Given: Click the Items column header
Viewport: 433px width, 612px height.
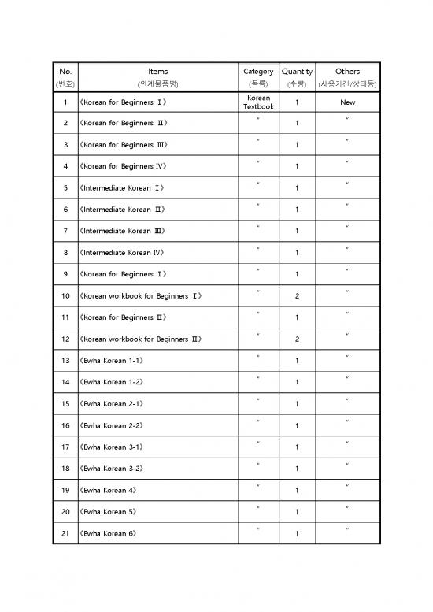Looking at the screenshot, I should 157,71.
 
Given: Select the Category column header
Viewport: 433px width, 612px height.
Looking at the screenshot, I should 258,71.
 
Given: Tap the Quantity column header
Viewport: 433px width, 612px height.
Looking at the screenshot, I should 297,71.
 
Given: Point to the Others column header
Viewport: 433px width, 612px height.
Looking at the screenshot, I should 347,71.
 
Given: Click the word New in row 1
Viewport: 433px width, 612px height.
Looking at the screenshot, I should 347,102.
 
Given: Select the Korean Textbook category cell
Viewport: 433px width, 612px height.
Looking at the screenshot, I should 258,102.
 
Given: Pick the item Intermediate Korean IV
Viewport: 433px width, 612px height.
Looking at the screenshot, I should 121,253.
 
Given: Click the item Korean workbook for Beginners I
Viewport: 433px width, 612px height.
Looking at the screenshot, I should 140,296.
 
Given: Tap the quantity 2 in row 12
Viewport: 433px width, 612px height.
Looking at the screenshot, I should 297,339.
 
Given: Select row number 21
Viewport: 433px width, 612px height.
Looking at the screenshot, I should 65,534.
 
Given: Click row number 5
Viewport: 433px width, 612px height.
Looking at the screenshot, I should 65,188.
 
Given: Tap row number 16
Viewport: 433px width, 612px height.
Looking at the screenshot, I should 65,426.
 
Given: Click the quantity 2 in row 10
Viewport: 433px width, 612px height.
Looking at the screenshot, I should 297,296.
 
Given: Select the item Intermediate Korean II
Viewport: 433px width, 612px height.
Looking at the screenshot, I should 121,210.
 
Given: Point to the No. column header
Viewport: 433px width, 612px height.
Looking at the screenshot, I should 65,71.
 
